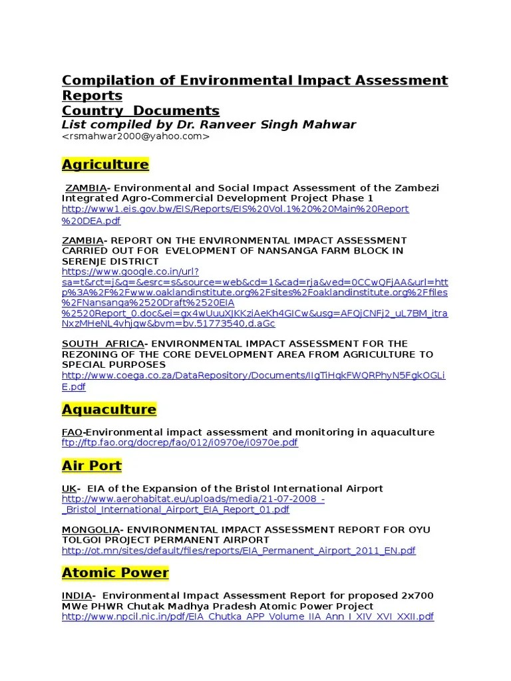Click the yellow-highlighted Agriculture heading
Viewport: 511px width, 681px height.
click(105, 164)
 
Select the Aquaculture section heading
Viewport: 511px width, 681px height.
click(108, 409)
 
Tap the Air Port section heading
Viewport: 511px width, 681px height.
click(92, 465)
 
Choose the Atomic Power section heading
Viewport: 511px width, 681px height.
click(115, 573)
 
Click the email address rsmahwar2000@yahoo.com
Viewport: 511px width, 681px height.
click(136, 136)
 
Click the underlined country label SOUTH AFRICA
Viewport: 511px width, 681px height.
click(103, 343)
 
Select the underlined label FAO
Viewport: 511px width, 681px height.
click(73, 432)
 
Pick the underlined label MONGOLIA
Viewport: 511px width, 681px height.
click(90, 529)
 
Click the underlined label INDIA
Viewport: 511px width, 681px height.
click(77, 595)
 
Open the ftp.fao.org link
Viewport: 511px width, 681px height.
click(180, 443)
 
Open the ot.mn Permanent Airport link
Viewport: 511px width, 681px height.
click(238, 551)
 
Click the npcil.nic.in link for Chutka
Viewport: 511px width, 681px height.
click(248, 616)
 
